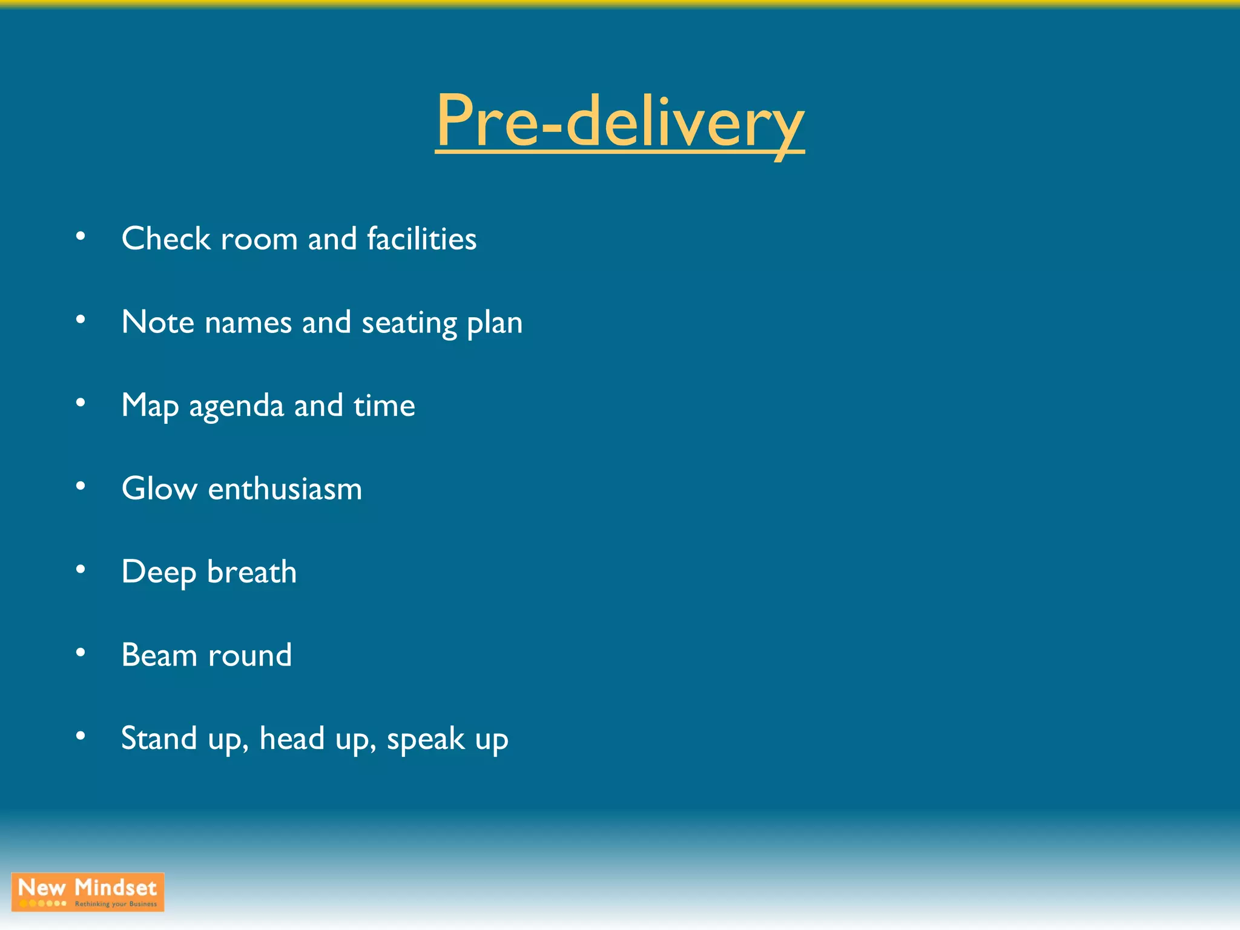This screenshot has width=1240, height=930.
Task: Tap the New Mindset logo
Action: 88,891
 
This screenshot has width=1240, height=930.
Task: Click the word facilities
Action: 421,239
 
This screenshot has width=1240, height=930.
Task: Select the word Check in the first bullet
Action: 165,239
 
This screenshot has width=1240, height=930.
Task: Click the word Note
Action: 157,322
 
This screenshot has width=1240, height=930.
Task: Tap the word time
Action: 384,406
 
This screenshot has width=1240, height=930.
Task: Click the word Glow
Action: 159,489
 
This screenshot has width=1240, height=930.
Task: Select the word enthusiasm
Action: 285,489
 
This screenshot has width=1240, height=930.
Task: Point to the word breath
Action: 252,572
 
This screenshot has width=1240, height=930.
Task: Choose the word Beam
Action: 159,656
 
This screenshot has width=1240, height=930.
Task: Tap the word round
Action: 249,656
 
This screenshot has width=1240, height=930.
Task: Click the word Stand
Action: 159,739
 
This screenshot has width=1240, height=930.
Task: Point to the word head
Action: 292,739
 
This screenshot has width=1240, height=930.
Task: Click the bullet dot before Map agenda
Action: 81,403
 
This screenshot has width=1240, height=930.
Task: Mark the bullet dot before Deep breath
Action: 81,569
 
